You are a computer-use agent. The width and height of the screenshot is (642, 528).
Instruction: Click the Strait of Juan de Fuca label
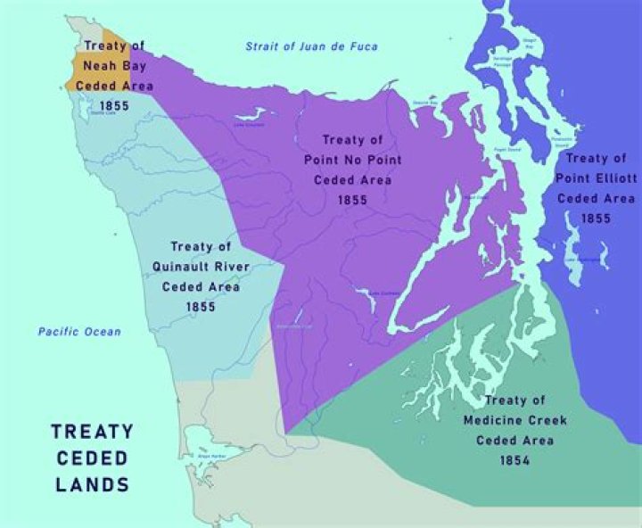point(312,46)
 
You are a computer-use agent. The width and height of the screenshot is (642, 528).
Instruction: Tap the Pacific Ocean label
point(78,332)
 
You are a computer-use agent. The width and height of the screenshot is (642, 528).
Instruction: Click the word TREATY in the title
point(92,432)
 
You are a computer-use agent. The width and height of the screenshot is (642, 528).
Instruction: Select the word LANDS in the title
point(92,485)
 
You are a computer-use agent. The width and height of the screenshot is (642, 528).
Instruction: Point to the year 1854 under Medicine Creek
point(515,460)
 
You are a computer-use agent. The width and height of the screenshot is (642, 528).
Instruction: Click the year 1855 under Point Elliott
point(597,218)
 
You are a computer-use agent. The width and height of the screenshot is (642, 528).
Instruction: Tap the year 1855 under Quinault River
point(201,306)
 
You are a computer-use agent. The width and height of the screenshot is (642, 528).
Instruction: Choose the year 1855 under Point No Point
point(353,200)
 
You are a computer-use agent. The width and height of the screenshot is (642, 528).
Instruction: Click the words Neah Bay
point(113,66)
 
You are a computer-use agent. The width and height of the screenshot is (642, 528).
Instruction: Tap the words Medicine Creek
point(515,420)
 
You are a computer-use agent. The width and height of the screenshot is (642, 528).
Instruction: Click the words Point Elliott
point(597,178)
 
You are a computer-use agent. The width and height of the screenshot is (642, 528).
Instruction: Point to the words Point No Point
point(353,160)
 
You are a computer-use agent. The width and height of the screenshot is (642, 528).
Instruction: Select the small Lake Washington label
point(580,259)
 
